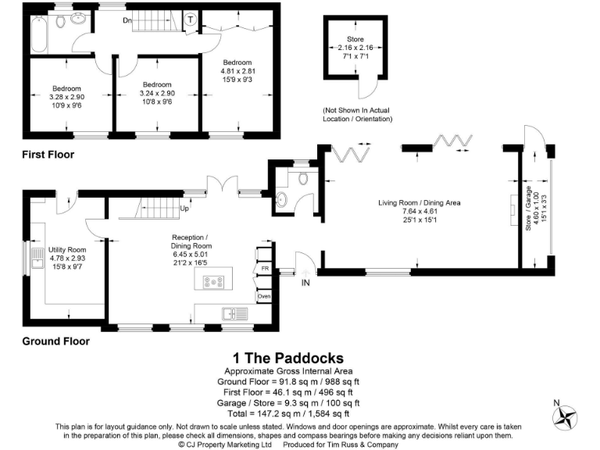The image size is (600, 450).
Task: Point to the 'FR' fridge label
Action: pos(265,268)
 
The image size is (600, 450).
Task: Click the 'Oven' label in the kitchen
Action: pos(265,296)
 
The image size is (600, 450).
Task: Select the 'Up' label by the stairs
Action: pos(185,209)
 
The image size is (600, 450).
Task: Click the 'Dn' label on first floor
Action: pos(127,21)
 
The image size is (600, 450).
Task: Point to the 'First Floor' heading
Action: pos(48,155)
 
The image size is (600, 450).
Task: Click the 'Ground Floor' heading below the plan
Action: pos(55,341)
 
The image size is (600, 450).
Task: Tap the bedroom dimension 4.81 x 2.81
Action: pos(237,71)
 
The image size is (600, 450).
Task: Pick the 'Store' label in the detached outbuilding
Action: pos(355,38)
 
